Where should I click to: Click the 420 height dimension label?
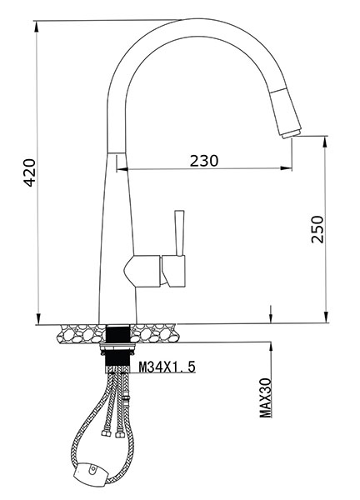[x=30, y=172]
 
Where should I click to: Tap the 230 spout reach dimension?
[x=204, y=161]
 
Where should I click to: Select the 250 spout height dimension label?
[x=317, y=229]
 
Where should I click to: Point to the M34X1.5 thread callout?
[x=167, y=367]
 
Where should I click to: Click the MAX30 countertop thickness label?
[x=265, y=397]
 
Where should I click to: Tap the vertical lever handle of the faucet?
[x=179, y=232]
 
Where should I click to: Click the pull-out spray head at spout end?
[x=286, y=114]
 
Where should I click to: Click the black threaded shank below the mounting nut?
[x=117, y=363]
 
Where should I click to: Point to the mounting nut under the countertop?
[x=117, y=348]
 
